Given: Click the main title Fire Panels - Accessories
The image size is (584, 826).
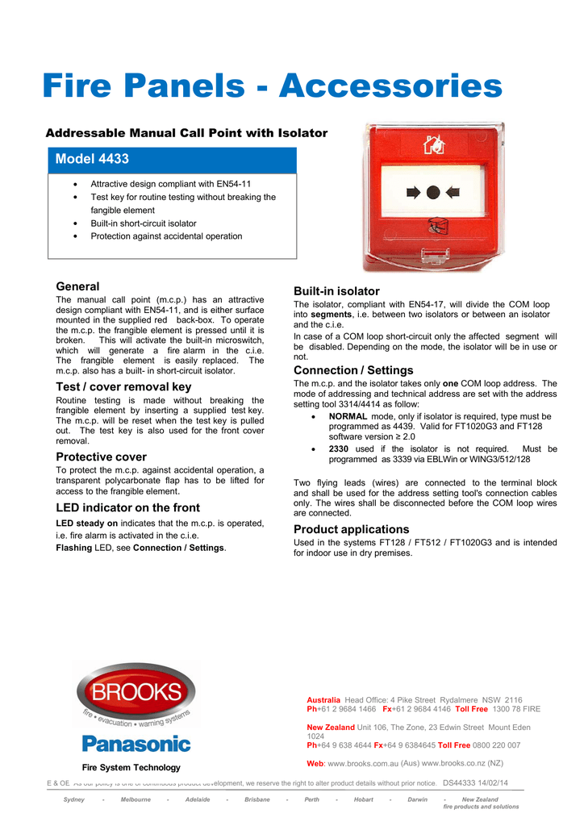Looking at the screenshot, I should pyautogui.click(x=272, y=86).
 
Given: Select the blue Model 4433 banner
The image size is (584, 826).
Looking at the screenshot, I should pyautogui.click(x=172, y=160).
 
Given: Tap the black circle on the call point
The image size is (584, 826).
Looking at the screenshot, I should pyautogui.click(x=433, y=192).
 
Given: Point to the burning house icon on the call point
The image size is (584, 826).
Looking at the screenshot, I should pyautogui.click(x=433, y=146).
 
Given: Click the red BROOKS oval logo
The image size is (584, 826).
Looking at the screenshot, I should pyautogui.click(x=136, y=694).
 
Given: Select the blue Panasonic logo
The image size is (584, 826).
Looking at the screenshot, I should pyautogui.click(x=136, y=743).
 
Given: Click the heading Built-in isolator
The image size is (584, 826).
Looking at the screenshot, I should pyautogui.click(x=336, y=291).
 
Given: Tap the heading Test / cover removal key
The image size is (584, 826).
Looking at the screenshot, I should pyautogui.click(x=123, y=386).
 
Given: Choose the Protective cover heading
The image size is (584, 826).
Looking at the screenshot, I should pyautogui.click(x=101, y=457).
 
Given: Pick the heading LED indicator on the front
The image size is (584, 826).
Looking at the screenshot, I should pyautogui.click(x=127, y=507).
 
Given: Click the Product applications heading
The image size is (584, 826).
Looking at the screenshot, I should pyautogui.click(x=352, y=529).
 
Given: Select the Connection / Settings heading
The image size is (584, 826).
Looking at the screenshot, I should pyautogui.click(x=353, y=370).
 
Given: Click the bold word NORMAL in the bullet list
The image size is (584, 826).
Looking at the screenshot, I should pyautogui.click(x=348, y=416).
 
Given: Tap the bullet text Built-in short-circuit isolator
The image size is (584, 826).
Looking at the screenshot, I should pyautogui.click(x=144, y=223).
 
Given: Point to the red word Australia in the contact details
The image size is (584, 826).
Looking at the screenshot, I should pyautogui.click(x=323, y=700).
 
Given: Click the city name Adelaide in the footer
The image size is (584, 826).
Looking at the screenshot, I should pyautogui.click(x=197, y=799).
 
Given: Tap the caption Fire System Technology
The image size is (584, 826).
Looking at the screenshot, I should pyautogui.click(x=131, y=767).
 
